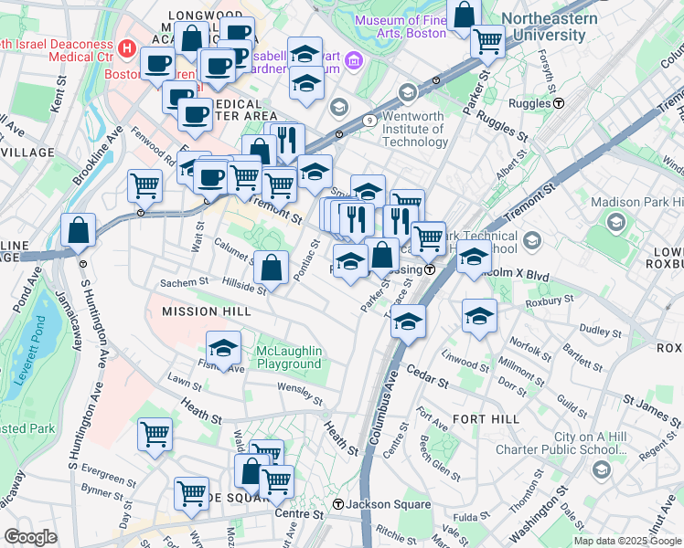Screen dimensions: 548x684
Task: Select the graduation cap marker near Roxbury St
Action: [478, 315]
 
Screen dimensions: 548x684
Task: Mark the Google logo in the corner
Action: [30, 537]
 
